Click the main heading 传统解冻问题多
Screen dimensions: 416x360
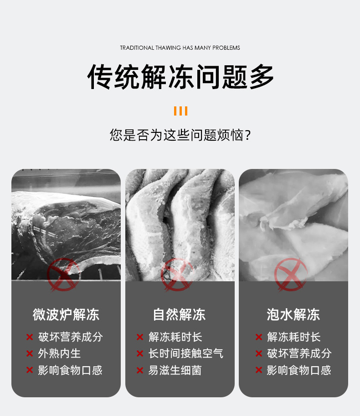pos(180,77)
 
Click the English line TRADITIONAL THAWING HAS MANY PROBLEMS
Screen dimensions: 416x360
pos(180,47)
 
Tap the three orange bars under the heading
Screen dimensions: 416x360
pos(180,111)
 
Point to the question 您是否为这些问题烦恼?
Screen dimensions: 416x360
pos(180,135)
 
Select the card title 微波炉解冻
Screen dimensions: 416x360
pos(66,315)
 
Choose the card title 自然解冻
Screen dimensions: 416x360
pos(180,315)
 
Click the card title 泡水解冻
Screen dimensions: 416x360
pos(293,315)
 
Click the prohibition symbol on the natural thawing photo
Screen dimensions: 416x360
pos(177,274)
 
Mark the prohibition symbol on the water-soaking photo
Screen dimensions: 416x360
pos(291,274)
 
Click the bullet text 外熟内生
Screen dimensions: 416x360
pos(60,353)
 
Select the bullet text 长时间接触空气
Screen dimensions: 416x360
pos(186,353)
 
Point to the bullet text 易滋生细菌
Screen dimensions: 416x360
pos(175,370)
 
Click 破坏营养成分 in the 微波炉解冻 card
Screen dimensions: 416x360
pos(71,337)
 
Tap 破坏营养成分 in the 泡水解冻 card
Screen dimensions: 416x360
pos(299,353)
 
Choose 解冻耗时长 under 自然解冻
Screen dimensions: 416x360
pos(175,337)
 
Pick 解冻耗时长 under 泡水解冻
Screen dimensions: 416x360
pos(294,337)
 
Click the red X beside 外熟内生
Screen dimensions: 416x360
pos(30,353)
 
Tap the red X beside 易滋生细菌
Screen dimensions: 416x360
pos(140,370)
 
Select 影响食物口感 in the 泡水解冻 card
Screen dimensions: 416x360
pos(299,370)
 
